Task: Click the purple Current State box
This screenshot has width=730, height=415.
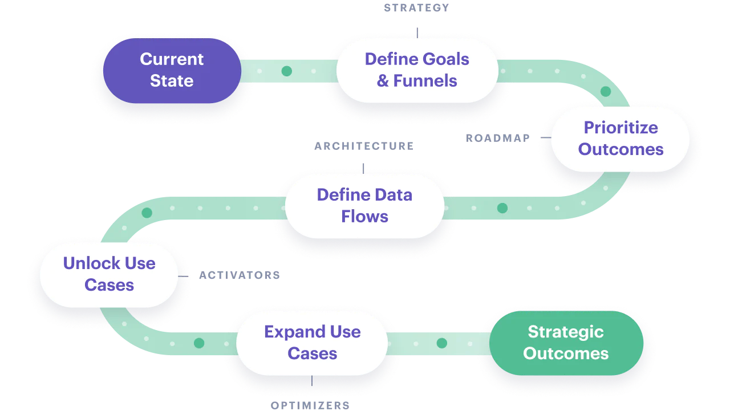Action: [172, 70]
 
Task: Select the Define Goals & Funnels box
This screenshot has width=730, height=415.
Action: [417, 70]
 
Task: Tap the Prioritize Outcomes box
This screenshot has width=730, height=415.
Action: [620, 139]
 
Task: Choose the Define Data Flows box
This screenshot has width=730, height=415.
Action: [364, 206]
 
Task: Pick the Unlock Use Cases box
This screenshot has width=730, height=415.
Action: [109, 274]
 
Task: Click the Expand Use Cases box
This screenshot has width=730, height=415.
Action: [312, 343]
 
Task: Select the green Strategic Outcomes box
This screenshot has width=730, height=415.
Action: [566, 343]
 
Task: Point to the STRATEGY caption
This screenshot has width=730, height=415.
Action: [417, 7]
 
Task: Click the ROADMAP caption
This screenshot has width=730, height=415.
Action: [497, 139]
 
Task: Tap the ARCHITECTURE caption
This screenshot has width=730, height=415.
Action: [363, 146]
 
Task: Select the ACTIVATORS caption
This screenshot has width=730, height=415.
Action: [239, 276]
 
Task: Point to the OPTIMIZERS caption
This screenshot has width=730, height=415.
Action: [310, 406]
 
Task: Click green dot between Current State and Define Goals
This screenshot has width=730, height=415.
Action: [287, 71]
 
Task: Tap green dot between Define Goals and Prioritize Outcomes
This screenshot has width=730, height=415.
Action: [606, 91]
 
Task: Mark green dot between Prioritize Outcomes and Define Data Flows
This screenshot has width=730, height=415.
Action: [502, 208]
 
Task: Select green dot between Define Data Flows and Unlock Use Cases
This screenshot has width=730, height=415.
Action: [147, 213]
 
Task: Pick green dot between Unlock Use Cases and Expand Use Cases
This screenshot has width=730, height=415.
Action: [199, 343]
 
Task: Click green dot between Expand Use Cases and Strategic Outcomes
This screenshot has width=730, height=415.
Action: [442, 343]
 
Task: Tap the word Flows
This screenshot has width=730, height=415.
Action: [364, 217]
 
